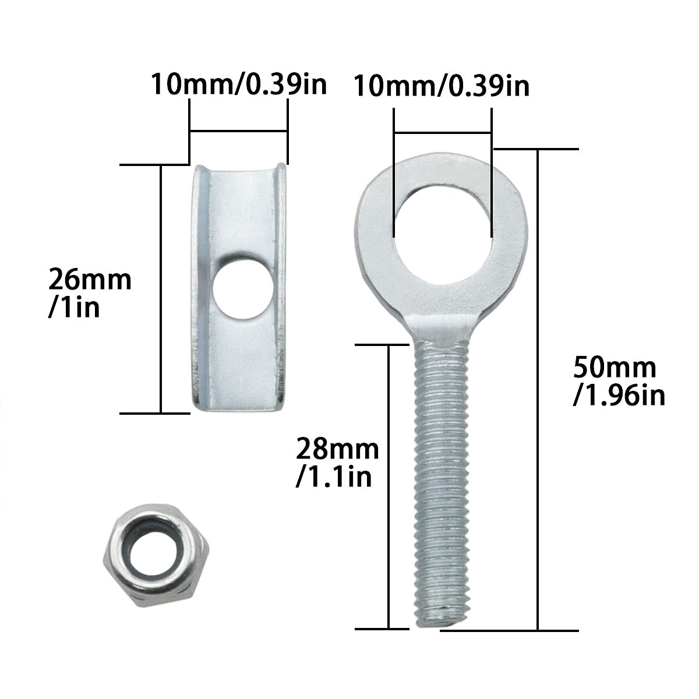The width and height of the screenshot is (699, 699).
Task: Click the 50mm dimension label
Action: pos(615,368)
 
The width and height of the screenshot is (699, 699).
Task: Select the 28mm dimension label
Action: pos(337,450)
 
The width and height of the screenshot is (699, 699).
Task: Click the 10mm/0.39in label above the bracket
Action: pos(239,84)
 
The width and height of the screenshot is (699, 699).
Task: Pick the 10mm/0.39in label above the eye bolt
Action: pos(442,86)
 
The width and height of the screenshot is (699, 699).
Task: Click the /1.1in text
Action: pos(334,478)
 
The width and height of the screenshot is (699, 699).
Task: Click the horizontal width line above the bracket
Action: pos(239,132)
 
